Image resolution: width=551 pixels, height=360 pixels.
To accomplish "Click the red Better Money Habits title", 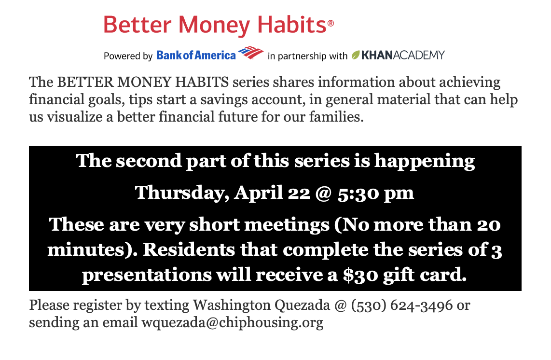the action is click(215, 25).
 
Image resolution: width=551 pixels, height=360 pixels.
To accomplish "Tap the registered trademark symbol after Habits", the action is click(331, 24).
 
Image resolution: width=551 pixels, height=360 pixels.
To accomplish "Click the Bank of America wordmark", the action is click(196, 55).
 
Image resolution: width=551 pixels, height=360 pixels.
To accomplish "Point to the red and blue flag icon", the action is click(250, 53).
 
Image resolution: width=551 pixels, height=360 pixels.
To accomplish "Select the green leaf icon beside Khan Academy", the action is click(356, 55).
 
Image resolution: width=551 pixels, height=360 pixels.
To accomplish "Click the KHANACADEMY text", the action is click(403, 55).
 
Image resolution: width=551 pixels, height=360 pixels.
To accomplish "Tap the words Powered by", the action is click(128, 56).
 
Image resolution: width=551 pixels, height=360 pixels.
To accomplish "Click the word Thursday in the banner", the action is click(179, 193).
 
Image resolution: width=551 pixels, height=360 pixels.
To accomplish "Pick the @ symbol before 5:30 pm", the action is click(323, 194).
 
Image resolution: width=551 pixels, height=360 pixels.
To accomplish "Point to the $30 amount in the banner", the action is click(360, 275).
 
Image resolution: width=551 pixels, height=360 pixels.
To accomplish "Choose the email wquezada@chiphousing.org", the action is click(232, 322).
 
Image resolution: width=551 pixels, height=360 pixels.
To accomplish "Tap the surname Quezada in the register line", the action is click(302, 305).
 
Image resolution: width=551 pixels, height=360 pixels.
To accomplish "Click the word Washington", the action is click(232, 305).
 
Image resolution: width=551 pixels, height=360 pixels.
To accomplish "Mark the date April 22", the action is click(272, 193).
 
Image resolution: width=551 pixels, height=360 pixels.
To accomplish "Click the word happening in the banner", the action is click(424, 161).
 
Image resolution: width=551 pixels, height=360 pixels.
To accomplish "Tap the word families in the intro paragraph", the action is click(336, 116).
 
